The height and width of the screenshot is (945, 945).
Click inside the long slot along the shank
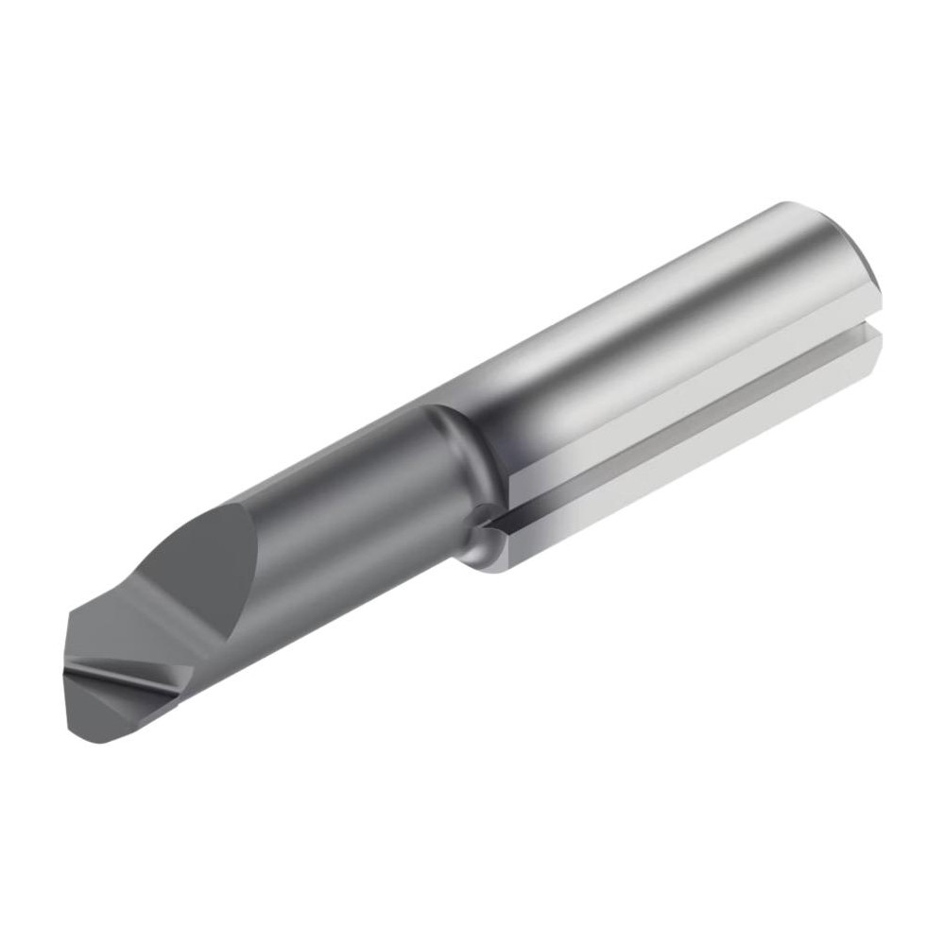pos(680,425)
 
